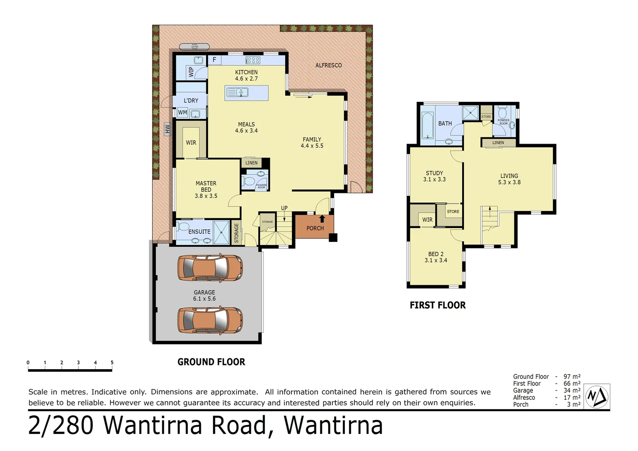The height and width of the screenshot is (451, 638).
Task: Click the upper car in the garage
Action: coord(210,267)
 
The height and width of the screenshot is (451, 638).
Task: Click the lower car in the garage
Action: coord(210,320)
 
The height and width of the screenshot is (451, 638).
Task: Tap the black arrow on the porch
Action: coord(322,218)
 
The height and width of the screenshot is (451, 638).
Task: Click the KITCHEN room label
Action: coord(246,72)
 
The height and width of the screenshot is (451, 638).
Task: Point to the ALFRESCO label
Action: coord(328,65)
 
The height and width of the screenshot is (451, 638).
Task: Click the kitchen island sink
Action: coord(237,92)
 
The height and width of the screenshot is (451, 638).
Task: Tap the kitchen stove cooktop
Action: coord(253,60)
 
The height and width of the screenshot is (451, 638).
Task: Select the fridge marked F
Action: coord(214,60)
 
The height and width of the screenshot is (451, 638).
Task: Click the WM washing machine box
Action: coord(182,113)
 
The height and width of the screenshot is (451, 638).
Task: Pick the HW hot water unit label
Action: coord(167,129)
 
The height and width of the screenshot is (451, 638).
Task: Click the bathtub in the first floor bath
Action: coord(427,125)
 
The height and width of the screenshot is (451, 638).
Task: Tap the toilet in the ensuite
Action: coord(183,227)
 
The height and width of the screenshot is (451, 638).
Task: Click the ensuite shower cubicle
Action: coord(221,232)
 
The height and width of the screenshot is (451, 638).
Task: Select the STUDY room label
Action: coord(434,173)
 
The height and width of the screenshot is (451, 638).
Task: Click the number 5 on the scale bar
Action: coord(112,362)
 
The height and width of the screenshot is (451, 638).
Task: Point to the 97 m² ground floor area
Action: coord(572,377)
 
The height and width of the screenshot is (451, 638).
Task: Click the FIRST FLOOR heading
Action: coord(438,305)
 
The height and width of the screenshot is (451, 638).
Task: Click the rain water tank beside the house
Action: coord(195,47)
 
